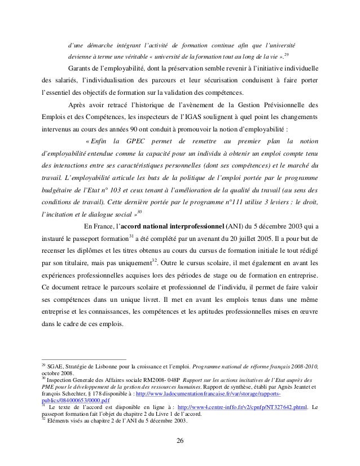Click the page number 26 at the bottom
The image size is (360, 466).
180,441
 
